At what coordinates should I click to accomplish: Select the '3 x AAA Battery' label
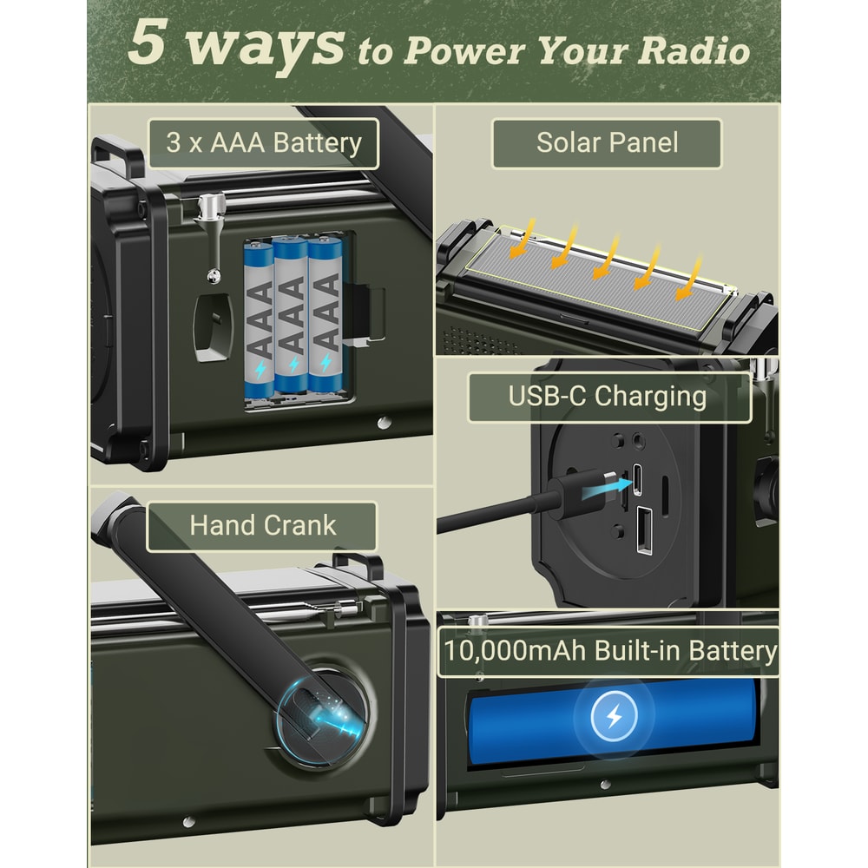(x=263, y=143)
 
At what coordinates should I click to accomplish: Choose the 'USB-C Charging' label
(x=608, y=398)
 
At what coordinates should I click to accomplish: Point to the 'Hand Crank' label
(x=262, y=526)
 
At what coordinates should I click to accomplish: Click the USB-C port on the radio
(x=638, y=477)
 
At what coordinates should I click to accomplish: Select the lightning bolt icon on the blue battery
(x=614, y=717)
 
